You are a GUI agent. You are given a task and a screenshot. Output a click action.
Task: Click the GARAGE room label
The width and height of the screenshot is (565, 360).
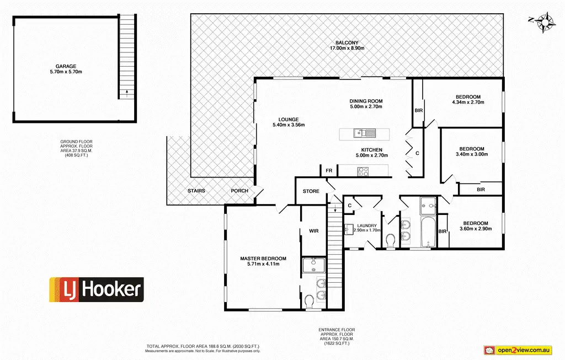click(x=66, y=66)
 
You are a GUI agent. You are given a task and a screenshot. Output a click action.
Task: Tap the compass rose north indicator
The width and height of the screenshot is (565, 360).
click(x=544, y=22)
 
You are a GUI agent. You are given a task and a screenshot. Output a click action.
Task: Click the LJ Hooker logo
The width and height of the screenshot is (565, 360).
click(x=97, y=289)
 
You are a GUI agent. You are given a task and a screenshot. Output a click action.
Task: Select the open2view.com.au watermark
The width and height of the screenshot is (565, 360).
click(x=518, y=350)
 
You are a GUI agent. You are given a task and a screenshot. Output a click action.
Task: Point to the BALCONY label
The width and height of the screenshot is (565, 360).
click(x=347, y=43)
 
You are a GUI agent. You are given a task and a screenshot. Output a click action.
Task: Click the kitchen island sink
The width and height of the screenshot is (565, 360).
click(x=365, y=133)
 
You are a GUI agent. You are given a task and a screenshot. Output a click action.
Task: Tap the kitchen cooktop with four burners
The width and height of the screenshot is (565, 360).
click(x=363, y=171)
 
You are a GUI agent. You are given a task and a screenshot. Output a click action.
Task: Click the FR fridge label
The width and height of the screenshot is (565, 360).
click(x=329, y=171)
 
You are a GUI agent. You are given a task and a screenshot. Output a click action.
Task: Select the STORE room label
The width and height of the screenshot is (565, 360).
click(x=311, y=191)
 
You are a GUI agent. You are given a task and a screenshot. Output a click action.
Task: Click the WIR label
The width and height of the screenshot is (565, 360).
click(x=314, y=231)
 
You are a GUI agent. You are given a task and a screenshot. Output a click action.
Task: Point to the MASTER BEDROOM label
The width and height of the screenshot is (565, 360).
click(x=263, y=259)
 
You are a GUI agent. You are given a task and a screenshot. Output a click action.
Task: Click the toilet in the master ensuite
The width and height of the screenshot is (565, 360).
click(x=309, y=302)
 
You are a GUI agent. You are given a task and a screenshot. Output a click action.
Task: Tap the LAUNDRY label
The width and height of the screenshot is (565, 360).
click(x=367, y=225)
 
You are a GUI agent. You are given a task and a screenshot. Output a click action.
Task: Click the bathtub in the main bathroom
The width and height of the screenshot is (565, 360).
click(x=428, y=232)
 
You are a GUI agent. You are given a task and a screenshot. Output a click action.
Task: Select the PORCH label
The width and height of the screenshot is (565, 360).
click(x=239, y=191)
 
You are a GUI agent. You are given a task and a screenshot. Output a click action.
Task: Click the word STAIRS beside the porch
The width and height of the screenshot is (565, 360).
click(x=196, y=191)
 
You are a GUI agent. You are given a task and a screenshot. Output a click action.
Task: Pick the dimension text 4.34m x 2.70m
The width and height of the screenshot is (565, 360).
click(x=468, y=102)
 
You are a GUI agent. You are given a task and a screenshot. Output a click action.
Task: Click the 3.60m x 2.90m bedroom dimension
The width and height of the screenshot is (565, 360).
click(x=476, y=229)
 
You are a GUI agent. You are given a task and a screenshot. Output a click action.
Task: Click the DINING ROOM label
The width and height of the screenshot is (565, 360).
click(x=366, y=101)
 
